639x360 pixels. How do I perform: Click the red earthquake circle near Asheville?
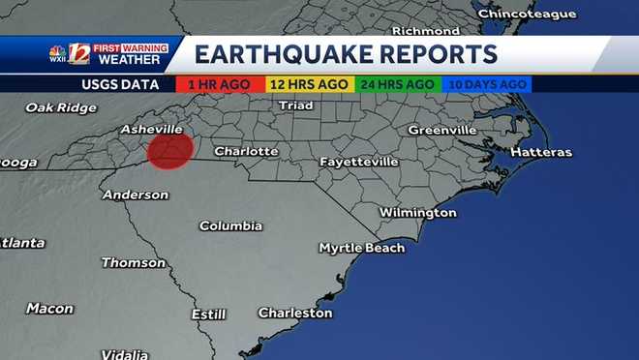(170, 150)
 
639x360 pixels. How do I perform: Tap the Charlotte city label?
(246, 151)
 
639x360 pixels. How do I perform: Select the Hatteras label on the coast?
(540, 152)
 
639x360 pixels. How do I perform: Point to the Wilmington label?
(417, 212)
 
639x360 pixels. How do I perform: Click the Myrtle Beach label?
(361, 248)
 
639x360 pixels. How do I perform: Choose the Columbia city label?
(230, 225)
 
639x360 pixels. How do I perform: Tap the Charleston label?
(294, 313)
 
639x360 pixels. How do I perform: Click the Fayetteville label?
(358, 161)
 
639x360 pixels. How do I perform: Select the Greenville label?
(441, 130)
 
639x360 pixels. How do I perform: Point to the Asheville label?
(151, 129)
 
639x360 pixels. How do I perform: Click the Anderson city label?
(135, 195)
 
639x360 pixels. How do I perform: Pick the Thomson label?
(134, 262)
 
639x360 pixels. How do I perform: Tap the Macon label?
(49, 309)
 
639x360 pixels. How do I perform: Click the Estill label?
(208, 315)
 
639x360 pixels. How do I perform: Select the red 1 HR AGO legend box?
(220, 84)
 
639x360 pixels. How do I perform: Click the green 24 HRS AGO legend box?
(398, 84)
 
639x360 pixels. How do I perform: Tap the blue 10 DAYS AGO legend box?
(486, 84)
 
